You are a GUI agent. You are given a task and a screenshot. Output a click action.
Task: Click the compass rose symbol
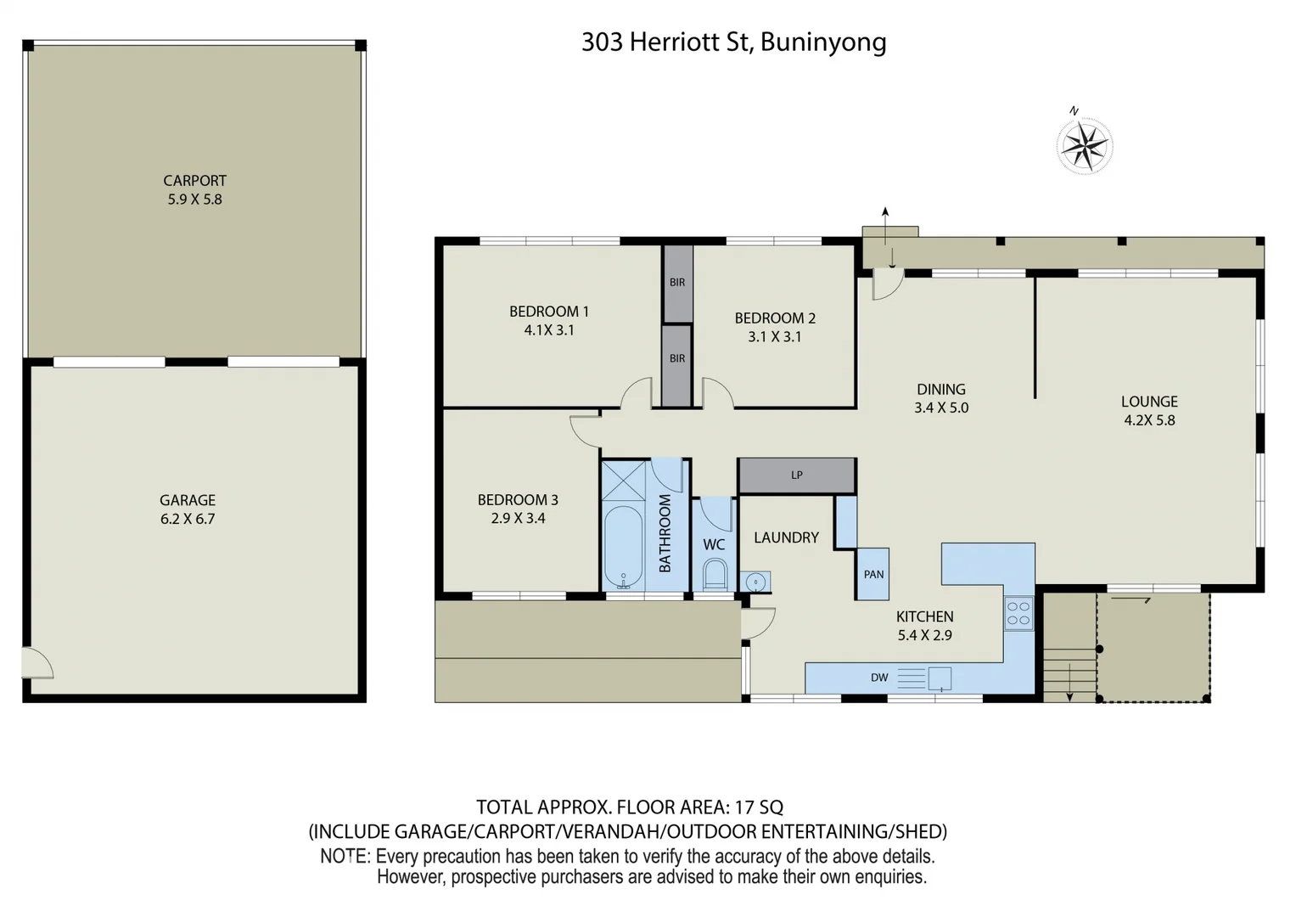click(x=1084, y=145)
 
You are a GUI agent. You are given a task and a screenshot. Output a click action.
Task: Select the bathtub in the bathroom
click(x=624, y=548)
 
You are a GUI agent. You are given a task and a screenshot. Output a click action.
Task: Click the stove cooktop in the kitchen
click(x=1018, y=613)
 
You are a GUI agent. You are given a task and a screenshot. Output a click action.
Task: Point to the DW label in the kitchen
click(x=879, y=678)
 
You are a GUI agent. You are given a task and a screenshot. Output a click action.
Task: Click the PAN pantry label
click(x=873, y=575)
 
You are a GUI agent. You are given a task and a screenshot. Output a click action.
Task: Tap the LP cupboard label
click(x=796, y=475)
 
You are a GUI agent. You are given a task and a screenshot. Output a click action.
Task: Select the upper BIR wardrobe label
click(x=677, y=283)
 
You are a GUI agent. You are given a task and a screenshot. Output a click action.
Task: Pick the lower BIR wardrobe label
click(x=677, y=359)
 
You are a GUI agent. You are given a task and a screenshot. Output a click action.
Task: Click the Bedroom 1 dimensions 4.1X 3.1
click(x=549, y=330)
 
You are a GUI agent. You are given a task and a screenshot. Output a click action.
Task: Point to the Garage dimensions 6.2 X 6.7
click(x=188, y=519)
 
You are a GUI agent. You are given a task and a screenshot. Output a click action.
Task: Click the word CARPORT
click(x=194, y=181)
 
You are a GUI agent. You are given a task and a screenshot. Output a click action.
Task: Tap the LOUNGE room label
click(x=1149, y=402)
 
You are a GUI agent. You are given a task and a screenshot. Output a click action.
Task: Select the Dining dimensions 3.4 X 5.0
click(x=941, y=408)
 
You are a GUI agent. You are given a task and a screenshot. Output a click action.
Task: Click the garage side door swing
click(x=37, y=663)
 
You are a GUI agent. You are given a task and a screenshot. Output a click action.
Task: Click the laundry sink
click(x=755, y=582)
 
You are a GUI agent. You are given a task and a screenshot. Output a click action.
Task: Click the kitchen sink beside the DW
click(x=940, y=678)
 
